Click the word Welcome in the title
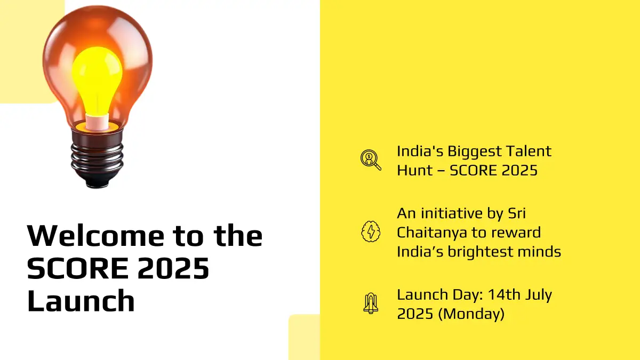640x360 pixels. click(95, 236)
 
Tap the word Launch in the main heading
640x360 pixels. click(81, 300)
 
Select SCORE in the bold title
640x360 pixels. click(77, 268)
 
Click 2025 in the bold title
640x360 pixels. click(173, 268)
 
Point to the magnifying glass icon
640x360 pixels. click(371, 159)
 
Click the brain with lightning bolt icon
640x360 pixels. click(371, 231)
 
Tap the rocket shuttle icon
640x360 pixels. click(371, 303)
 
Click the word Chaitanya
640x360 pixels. click(432, 233)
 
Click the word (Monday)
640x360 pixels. click(471, 314)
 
